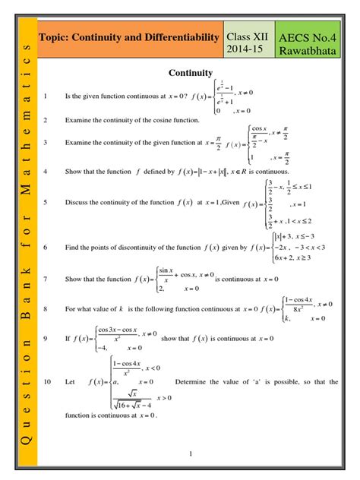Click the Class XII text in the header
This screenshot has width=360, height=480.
coord(247,36)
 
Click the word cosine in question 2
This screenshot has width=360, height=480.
coord(158,120)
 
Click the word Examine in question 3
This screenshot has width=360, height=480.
coord(78,142)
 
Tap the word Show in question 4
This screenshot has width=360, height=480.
coord(73,172)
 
